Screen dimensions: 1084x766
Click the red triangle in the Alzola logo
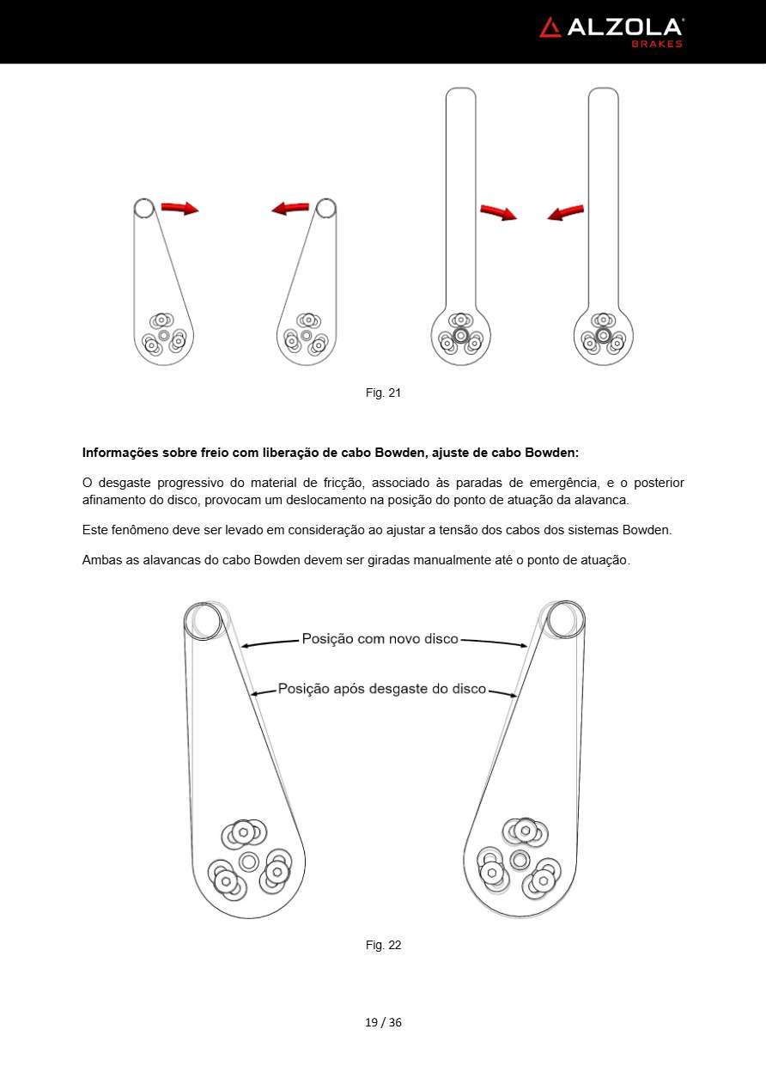tap(550, 27)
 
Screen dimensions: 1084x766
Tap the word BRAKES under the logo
tap(657, 44)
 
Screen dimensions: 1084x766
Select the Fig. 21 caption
tap(383, 393)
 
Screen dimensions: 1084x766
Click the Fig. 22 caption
tap(383, 945)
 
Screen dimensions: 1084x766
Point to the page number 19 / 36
tap(383, 1022)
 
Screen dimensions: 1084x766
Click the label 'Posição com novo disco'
tap(380, 639)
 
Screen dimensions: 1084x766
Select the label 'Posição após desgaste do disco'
tap(382, 689)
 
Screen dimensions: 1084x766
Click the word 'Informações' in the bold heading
tap(120, 452)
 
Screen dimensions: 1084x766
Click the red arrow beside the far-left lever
tap(179, 208)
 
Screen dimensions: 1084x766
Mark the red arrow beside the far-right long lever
tap(566, 211)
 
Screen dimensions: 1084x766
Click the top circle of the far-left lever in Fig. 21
tap(143, 208)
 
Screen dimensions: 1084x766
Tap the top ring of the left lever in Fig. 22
tap(205, 619)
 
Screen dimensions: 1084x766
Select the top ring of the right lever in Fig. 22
tap(565, 619)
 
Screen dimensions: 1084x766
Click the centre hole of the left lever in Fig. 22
tap(249, 861)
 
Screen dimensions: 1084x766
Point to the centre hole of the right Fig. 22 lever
tap(519, 859)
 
